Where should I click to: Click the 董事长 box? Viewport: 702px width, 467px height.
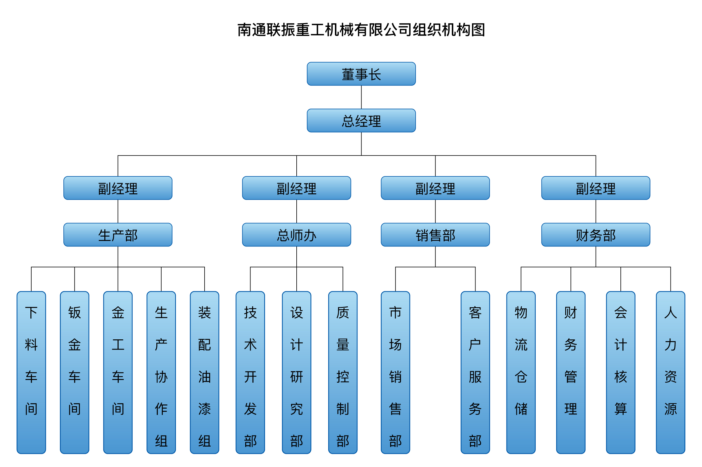(361, 74)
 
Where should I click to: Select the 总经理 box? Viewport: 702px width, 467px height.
(361, 120)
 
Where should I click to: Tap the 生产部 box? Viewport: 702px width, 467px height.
(118, 235)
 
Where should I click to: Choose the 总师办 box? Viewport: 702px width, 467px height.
(296, 235)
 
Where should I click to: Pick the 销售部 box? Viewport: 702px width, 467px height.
(435, 235)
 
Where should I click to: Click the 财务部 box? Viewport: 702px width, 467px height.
(596, 235)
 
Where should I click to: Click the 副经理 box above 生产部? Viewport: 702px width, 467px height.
(118, 188)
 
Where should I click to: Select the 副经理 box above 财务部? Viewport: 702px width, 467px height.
(596, 188)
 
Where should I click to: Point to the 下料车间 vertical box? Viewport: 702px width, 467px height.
(31, 372)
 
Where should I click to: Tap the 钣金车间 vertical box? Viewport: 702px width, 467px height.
(75, 372)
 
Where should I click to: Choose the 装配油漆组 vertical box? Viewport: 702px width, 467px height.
(204, 372)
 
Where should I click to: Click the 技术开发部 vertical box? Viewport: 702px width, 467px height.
(250, 372)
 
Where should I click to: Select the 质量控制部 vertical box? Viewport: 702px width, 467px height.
(343, 372)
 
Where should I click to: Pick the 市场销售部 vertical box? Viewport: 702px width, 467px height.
(395, 372)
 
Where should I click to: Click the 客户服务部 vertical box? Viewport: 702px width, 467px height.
(475, 372)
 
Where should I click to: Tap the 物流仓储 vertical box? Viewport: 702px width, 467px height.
(521, 372)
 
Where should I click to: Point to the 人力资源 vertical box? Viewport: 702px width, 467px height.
(670, 372)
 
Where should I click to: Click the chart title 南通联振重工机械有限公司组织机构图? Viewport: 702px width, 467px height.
(361, 30)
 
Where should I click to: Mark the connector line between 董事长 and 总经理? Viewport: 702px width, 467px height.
(361, 97)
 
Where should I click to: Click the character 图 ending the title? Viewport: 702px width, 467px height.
(478, 30)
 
